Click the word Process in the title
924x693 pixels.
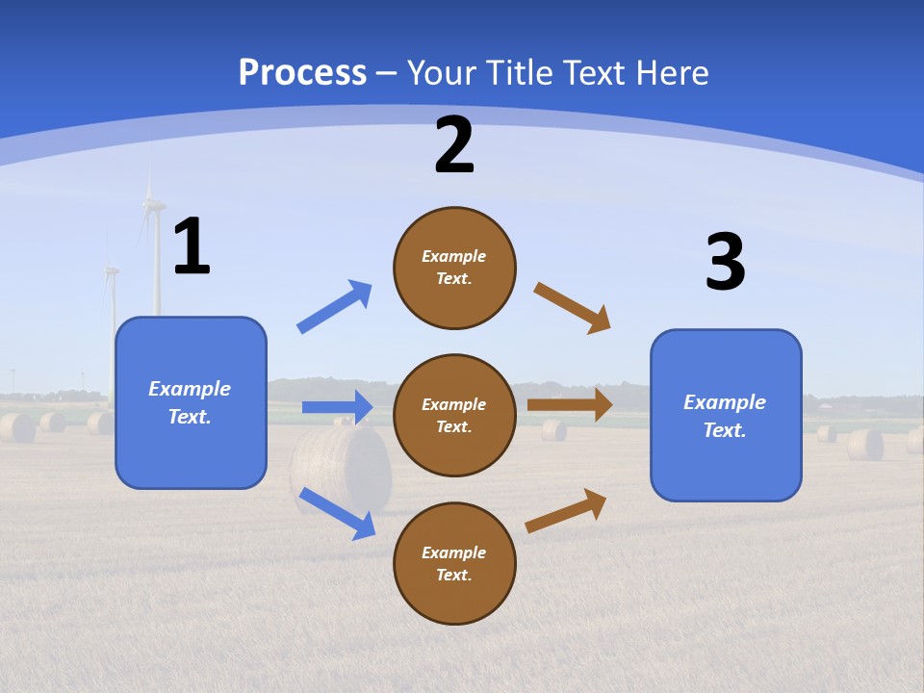click(302, 72)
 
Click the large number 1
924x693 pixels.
click(192, 246)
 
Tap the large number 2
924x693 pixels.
click(454, 145)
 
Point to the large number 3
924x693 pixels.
click(726, 262)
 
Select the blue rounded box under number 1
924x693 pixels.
click(191, 402)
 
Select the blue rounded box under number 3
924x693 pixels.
click(726, 416)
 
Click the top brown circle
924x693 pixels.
click(454, 268)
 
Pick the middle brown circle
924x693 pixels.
click(454, 416)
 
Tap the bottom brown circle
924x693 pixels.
click(454, 564)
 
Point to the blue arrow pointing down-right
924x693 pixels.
click(337, 513)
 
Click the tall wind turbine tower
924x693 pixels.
click(157, 260)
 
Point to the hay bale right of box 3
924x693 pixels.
click(865, 444)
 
